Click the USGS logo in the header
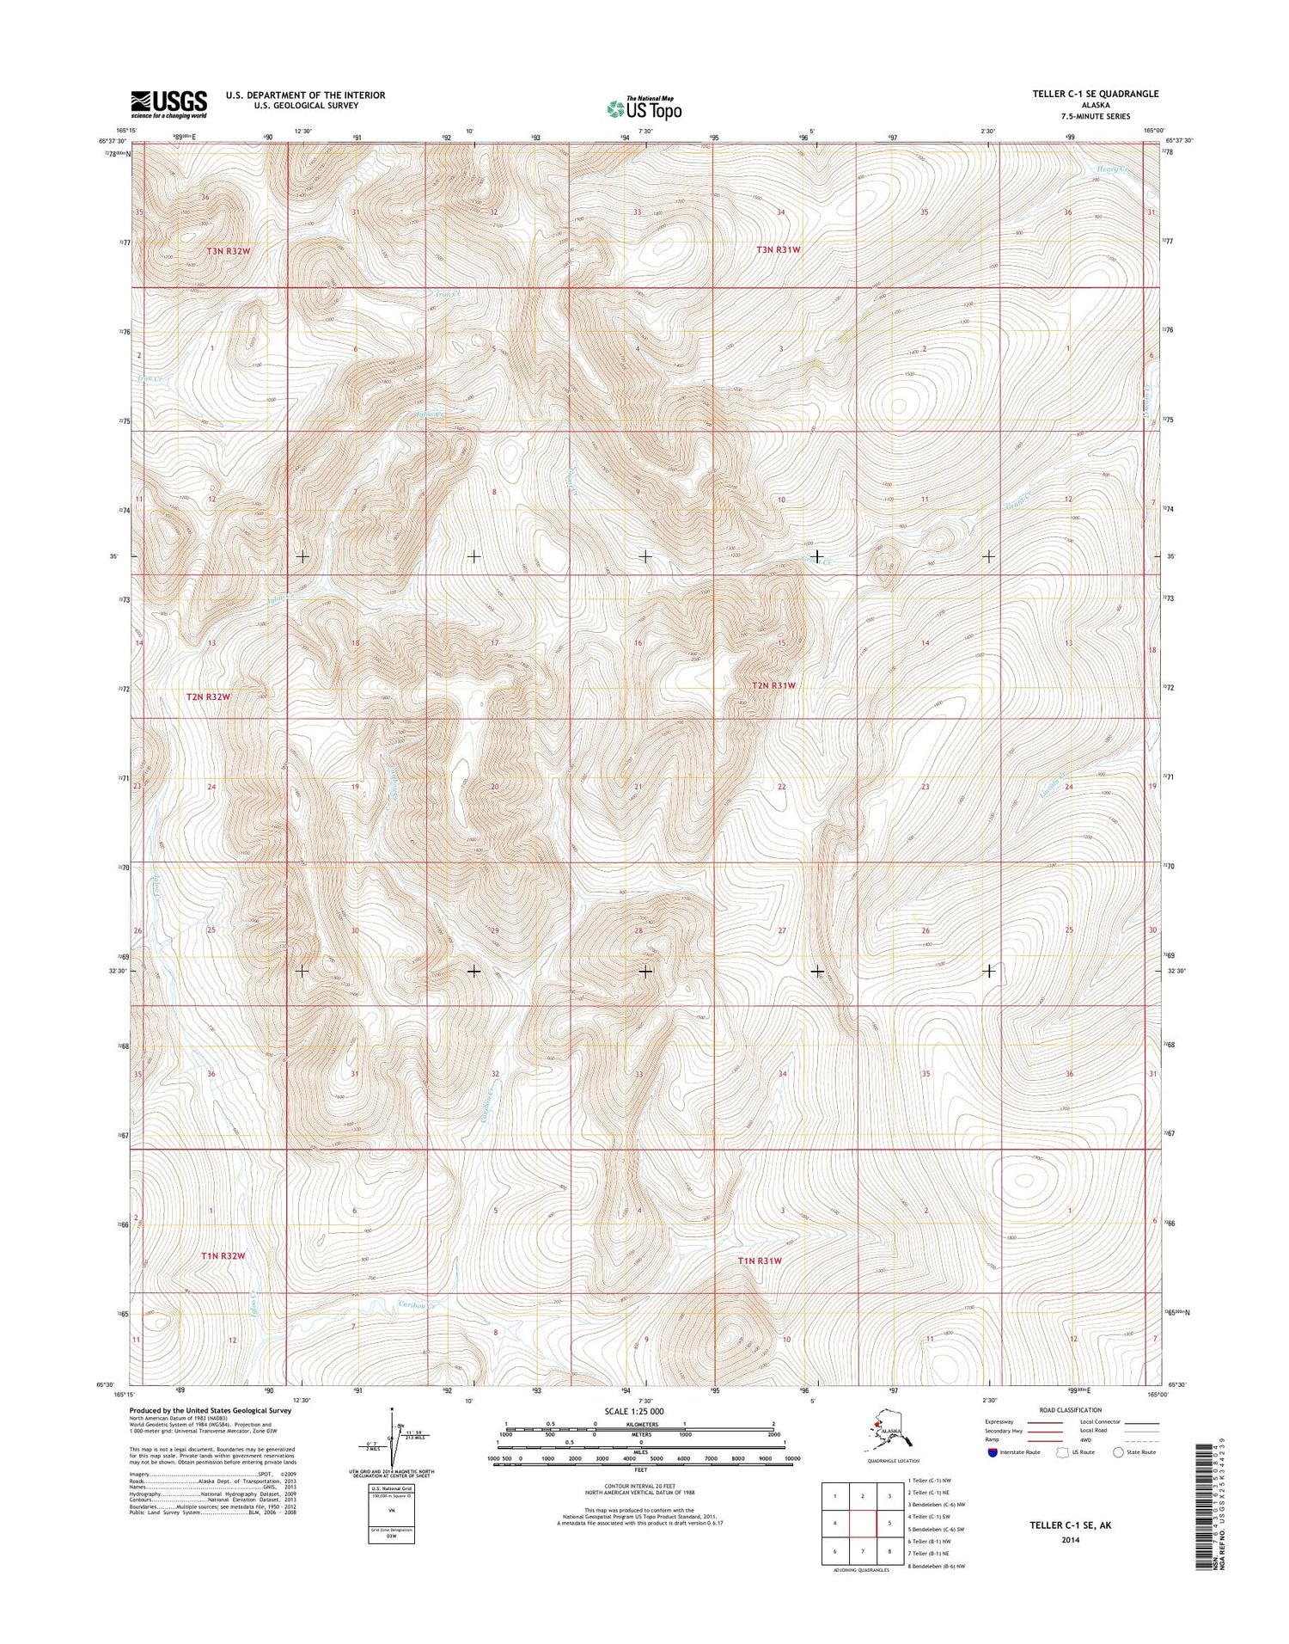pyautogui.click(x=168, y=103)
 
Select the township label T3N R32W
pyautogui.click(x=232, y=250)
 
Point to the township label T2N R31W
pyautogui.click(x=773, y=685)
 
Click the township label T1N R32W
pyautogui.click(x=223, y=1255)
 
